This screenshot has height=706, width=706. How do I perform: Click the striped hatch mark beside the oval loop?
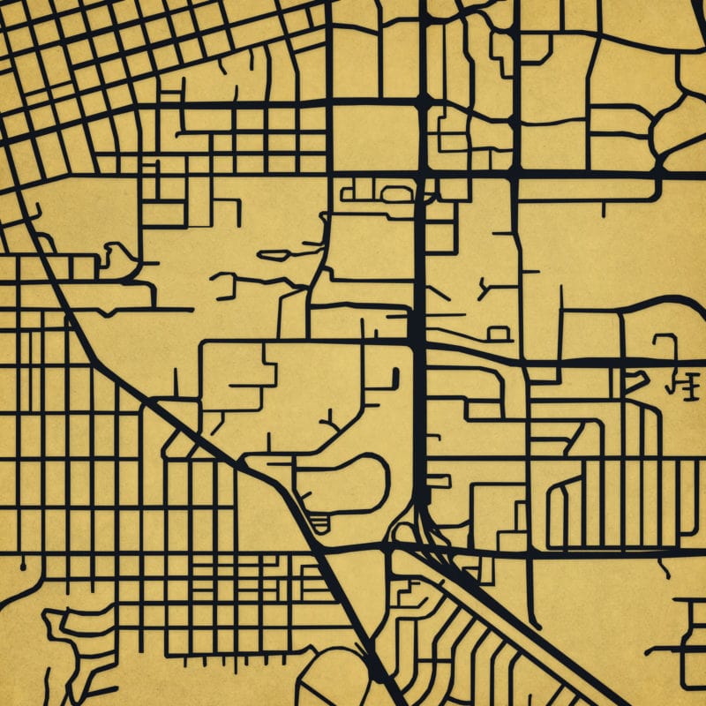tap(316, 522)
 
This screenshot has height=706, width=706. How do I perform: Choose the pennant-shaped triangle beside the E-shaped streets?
tap(633, 380)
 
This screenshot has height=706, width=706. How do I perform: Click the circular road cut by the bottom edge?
tap(331, 680)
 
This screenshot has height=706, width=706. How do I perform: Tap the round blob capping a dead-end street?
tap(26, 560)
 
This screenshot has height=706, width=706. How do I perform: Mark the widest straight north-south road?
tap(421, 265)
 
